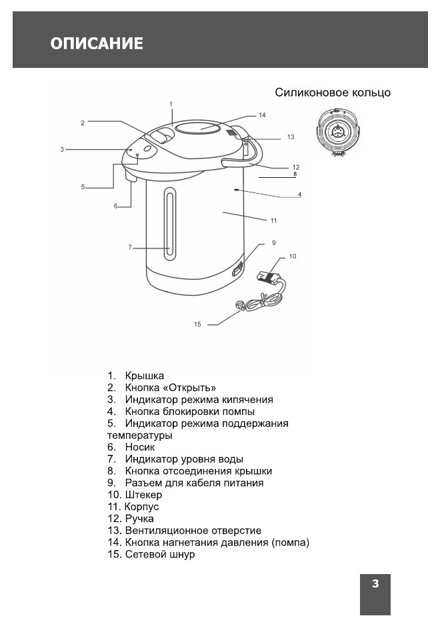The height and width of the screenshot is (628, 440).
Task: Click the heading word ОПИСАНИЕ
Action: tap(97, 44)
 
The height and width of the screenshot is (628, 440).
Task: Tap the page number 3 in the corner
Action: tap(375, 584)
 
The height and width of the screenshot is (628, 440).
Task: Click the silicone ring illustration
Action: tap(337, 132)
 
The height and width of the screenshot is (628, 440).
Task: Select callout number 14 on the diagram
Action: tap(262, 115)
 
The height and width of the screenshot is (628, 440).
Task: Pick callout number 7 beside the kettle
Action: tap(131, 248)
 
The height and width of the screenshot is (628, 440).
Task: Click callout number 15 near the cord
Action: tap(197, 324)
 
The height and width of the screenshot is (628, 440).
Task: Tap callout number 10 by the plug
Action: tap(293, 255)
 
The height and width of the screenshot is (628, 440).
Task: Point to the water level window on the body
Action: tap(170, 222)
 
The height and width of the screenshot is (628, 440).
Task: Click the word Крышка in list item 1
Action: tap(145, 376)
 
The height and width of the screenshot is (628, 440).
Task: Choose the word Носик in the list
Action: tap(140, 448)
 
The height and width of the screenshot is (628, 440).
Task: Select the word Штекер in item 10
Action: tap(143, 495)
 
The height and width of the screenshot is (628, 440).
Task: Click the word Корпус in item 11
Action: tap(142, 507)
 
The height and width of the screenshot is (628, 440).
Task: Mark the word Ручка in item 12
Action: tap(139, 519)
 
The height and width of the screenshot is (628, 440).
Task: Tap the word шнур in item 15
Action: tap(183, 555)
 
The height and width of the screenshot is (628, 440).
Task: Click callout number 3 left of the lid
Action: tap(62, 150)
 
